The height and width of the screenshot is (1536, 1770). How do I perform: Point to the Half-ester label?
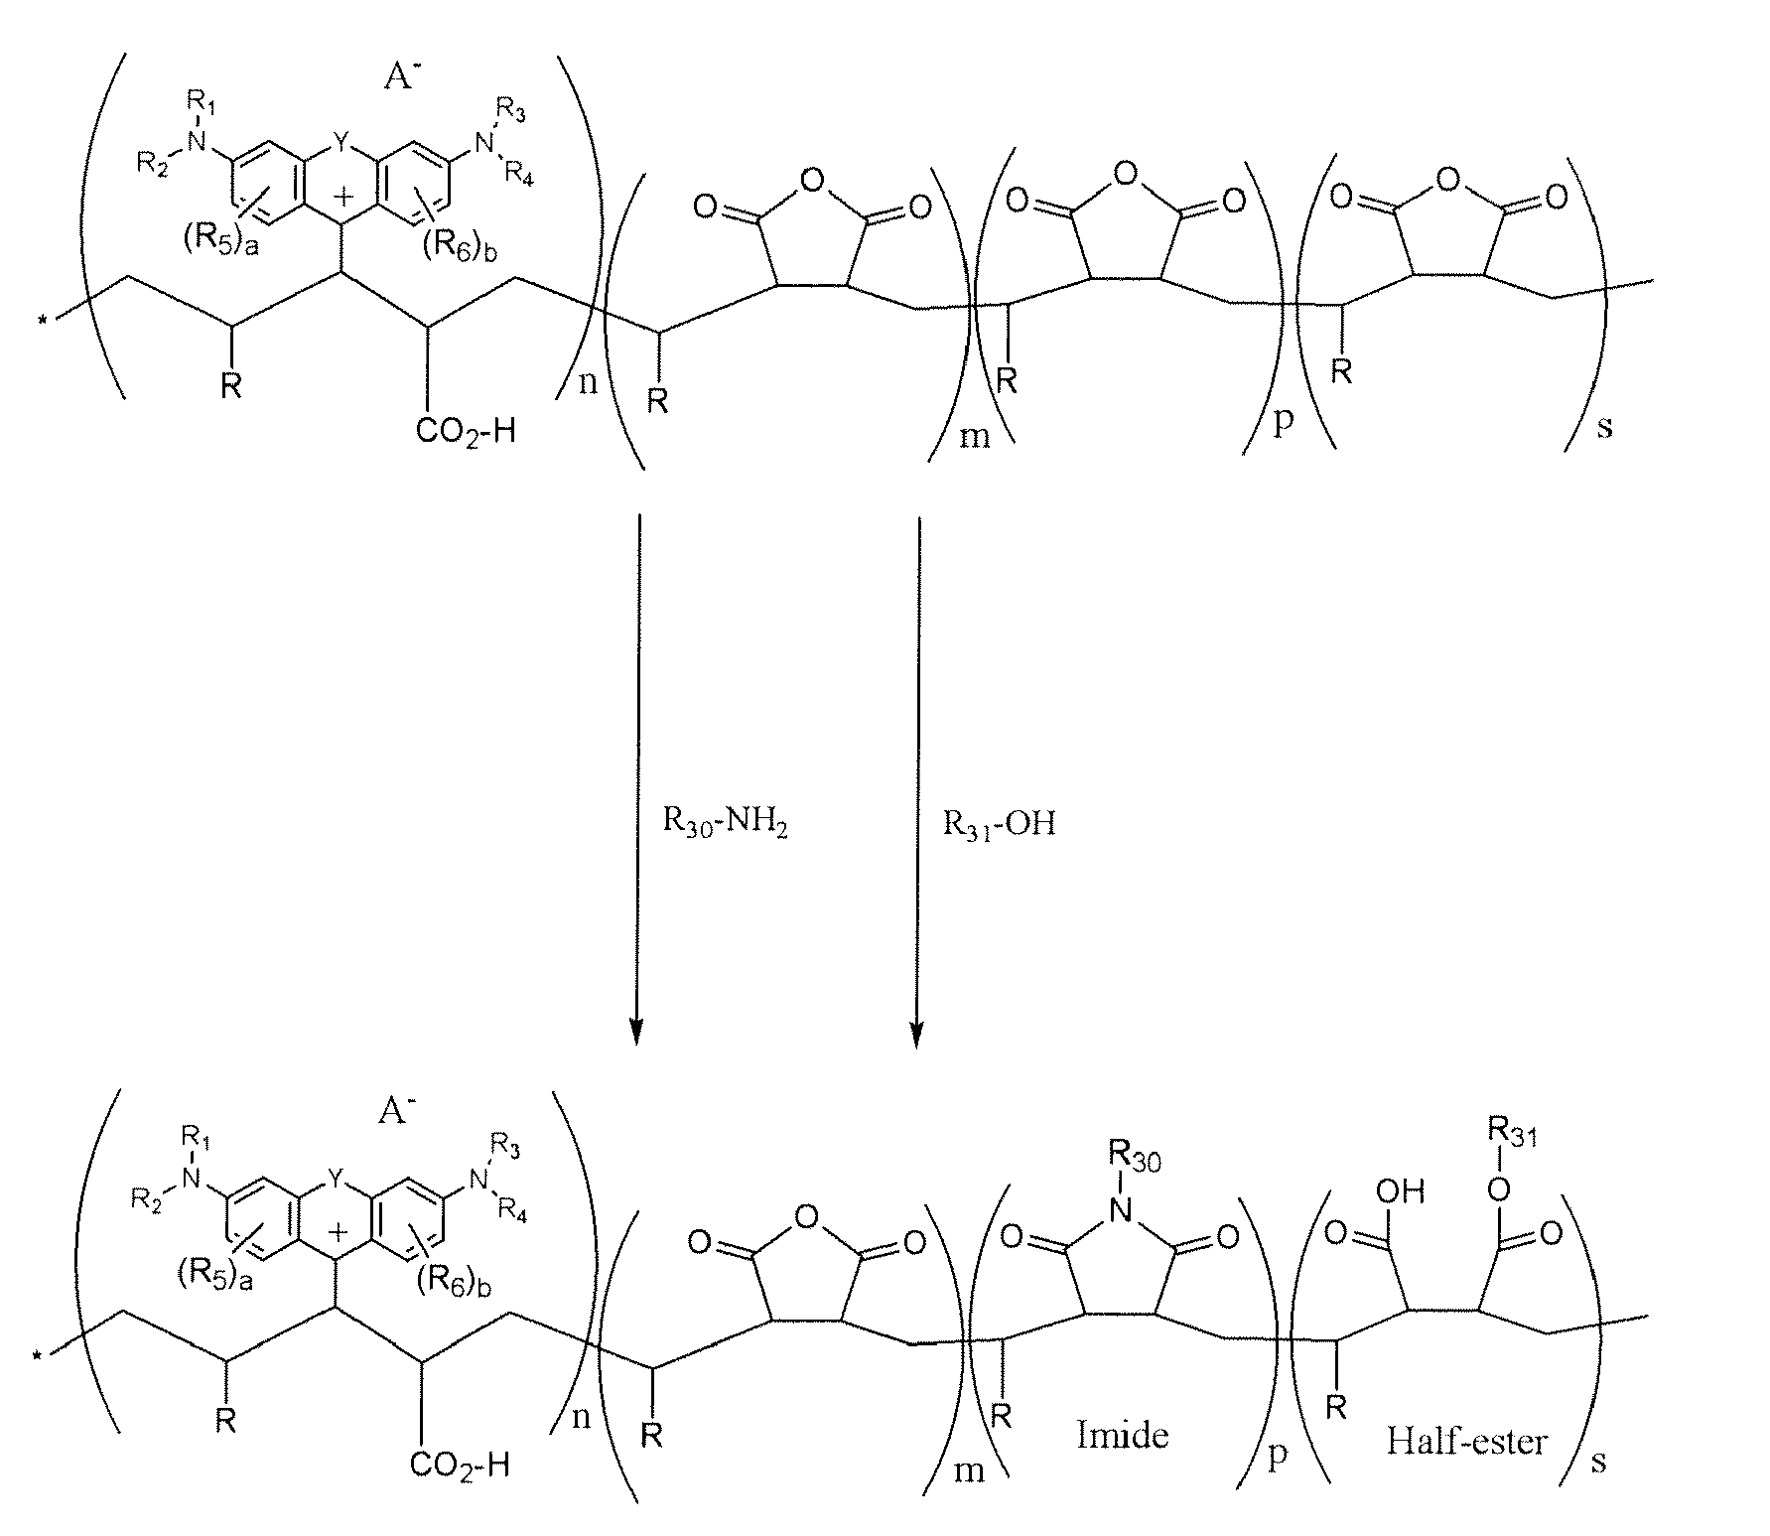point(1466,1441)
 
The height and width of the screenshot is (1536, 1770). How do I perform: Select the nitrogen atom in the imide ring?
point(1120,1208)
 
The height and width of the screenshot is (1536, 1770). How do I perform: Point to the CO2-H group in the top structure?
point(468,431)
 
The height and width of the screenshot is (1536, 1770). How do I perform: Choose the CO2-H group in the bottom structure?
point(462,1464)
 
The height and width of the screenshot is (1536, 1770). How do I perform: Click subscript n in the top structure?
point(588,382)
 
